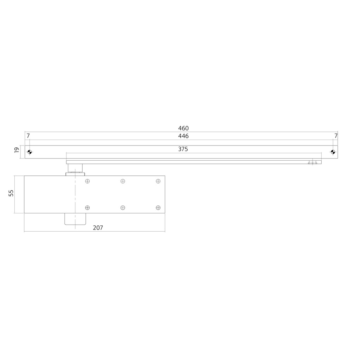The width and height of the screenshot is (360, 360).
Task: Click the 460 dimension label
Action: click(183, 128)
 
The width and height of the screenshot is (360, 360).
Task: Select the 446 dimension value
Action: click(183, 136)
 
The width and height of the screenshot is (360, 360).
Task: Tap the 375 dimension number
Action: click(183, 149)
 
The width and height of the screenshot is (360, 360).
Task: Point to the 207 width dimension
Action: click(98, 228)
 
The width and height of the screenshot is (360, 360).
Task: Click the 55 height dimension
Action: click(11, 193)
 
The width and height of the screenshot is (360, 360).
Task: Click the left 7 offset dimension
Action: click(28, 136)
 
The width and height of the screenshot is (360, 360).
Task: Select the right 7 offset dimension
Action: click(336, 136)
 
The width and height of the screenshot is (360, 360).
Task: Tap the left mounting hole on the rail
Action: click(30, 152)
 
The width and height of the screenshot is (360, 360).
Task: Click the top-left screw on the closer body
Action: click(88, 181)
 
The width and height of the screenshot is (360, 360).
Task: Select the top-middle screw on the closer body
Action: click(123, 181)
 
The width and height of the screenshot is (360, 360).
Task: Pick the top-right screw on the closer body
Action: click(158, 181)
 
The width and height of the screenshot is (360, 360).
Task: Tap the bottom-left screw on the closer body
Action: click(88, 208)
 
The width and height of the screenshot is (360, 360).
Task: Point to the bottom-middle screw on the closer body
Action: click(123, 208)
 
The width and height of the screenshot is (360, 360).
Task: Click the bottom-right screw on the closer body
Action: click(158, 208)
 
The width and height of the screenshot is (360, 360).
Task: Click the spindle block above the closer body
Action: click(75, 169)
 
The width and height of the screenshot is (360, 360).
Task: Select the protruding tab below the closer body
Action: click(75, 219)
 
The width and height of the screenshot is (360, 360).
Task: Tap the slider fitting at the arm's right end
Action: click(313, 162)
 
